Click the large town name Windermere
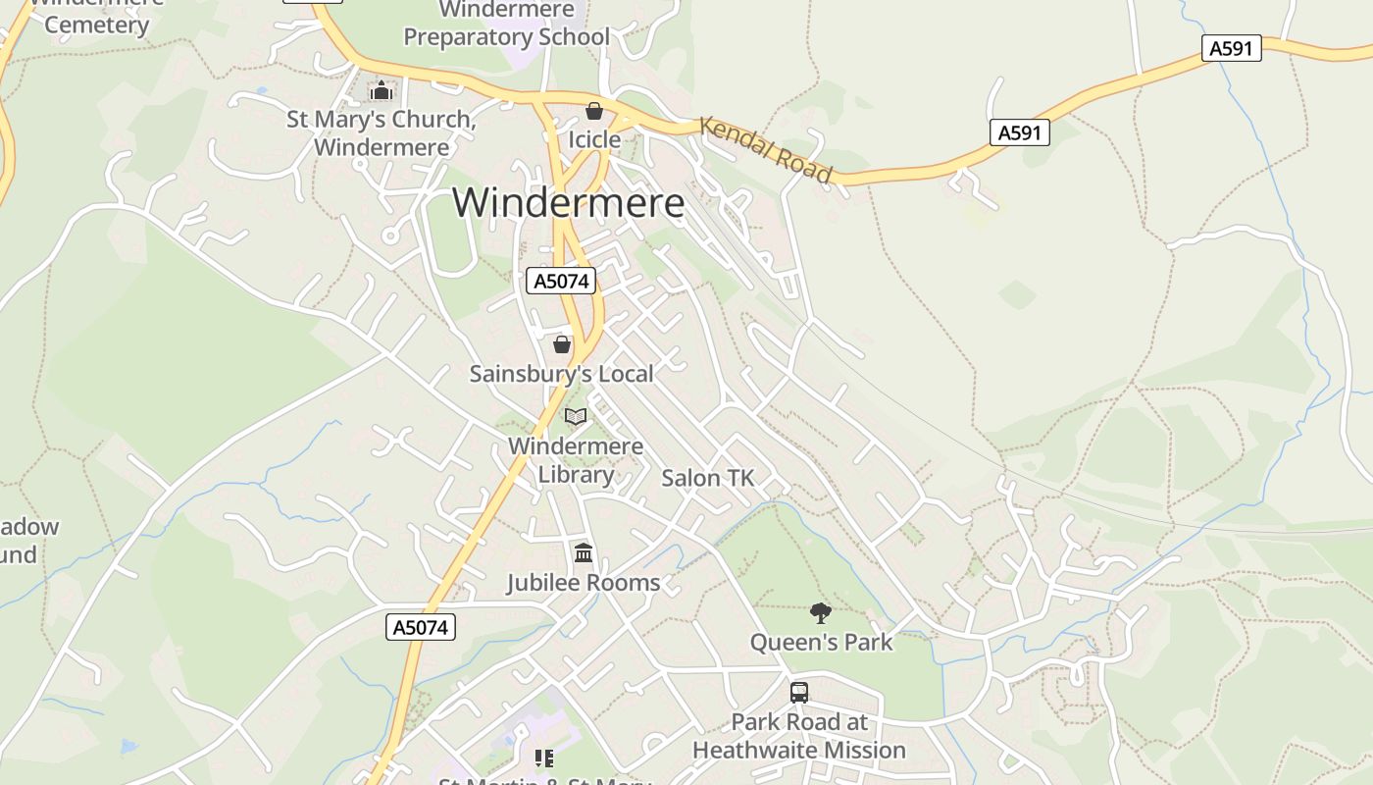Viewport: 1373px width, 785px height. click(568, 203)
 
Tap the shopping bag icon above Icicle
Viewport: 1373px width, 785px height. click(593, 111)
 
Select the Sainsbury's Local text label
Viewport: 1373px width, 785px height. click(561, 374)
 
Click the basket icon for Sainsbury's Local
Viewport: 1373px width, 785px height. click(562, 344)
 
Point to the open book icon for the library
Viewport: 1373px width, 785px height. click(576, 417)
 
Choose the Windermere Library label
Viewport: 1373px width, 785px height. click(576, 460)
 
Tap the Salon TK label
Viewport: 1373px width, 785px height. click(708, 478)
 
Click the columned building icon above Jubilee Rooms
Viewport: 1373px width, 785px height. click(584, 553)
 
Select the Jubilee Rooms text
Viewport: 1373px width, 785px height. click(584, 583)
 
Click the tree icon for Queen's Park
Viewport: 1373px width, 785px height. click(821, 614)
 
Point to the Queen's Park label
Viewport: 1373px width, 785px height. click(821, 643)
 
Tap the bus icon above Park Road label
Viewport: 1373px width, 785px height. click(799, 693)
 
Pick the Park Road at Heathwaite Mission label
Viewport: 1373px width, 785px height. click(799, 736)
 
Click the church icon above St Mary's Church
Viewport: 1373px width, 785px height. click(381, 91)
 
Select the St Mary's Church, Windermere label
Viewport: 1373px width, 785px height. click(381, 133)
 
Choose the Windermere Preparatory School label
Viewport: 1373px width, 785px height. click(506, 24)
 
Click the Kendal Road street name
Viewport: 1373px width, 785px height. click(766, 149)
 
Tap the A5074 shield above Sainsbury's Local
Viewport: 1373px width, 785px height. click(562, 282)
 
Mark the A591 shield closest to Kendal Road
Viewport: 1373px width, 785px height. click(1019, 132)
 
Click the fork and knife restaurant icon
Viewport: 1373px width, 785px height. click(544, 759)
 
